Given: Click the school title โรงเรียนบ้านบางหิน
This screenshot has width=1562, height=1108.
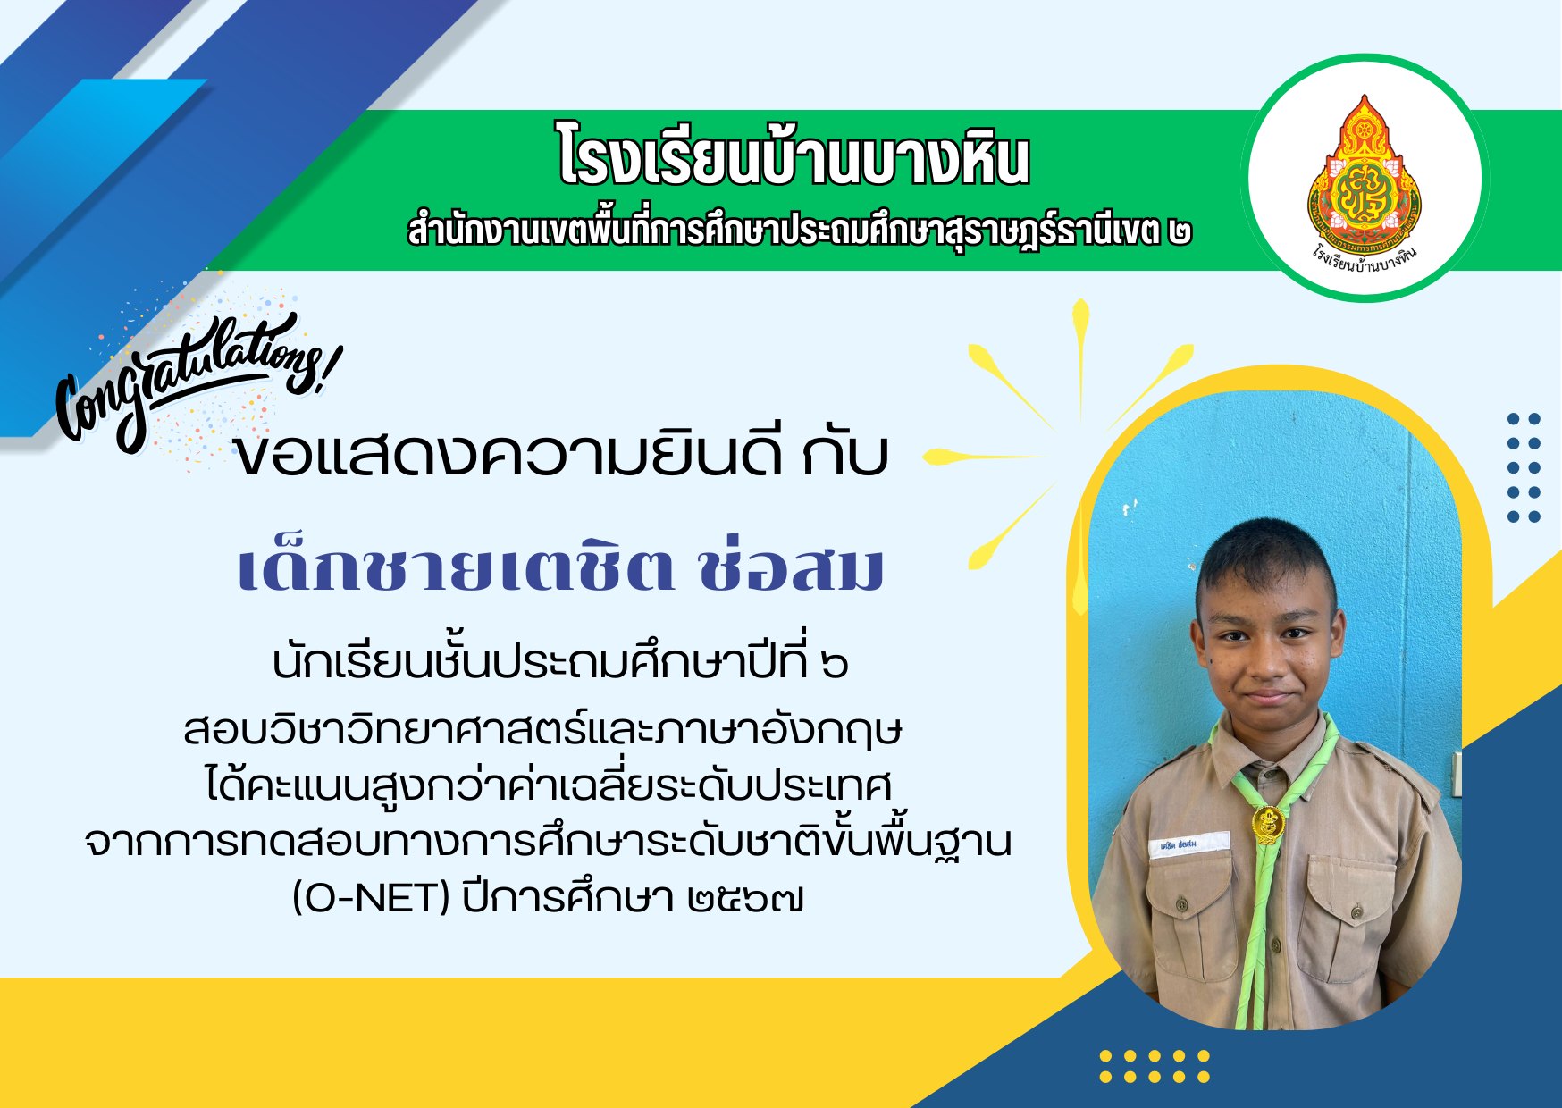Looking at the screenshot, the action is (794, 158).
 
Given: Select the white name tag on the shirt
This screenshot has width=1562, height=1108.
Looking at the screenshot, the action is (1189, 844).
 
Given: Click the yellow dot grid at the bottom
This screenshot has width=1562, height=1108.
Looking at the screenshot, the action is (1155, 1066).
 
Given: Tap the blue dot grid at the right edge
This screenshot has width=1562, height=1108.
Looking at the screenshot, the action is (1524, 467).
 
